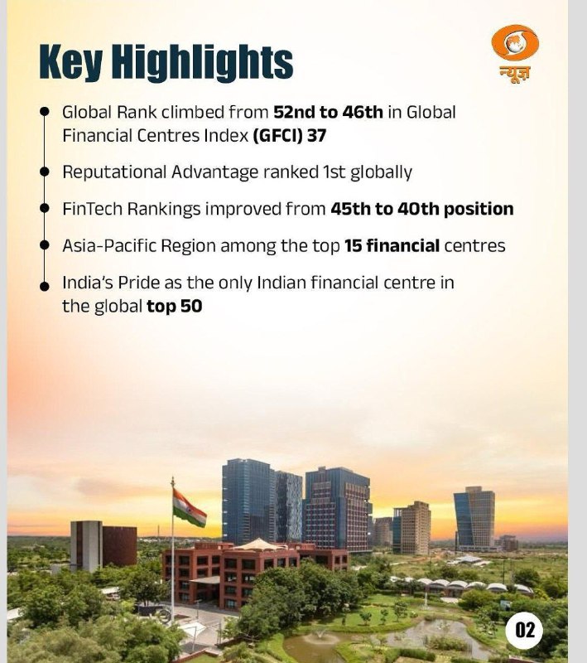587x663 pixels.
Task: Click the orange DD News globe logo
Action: [515, 42]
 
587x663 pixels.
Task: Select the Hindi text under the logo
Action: [515, 74]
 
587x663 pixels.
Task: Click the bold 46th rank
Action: [363, 113]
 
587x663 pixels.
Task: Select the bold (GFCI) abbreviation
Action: [277, 136]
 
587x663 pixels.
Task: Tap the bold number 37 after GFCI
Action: [317, 136]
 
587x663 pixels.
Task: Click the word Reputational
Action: [114, 172]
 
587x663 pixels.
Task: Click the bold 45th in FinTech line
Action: [350, 209]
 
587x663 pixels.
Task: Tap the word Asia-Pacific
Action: [109, 245]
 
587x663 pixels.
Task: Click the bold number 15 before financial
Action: [353, 245]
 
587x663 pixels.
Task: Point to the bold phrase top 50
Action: [175, 306]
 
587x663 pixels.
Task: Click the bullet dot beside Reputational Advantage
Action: [45, 172]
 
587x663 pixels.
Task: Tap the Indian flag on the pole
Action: [190, 508]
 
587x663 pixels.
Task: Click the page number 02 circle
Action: [525, 630]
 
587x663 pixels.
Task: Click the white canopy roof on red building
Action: [259, 544]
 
